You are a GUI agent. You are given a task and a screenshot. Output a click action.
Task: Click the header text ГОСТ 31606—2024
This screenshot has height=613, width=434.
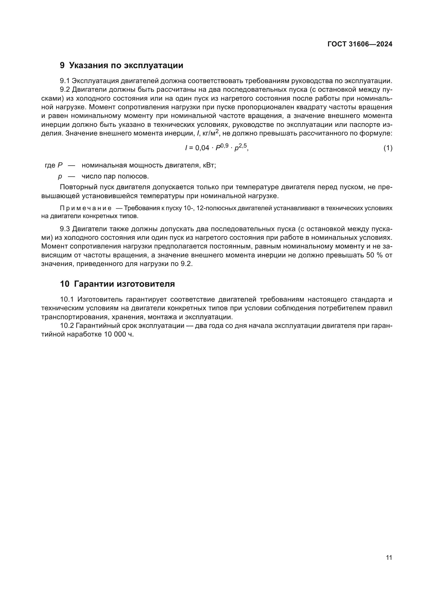[x=360, y=44]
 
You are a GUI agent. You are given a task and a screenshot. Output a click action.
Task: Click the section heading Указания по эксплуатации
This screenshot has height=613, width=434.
[x=126, y=66]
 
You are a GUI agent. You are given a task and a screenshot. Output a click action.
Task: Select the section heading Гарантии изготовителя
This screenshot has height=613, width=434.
[x=124, y=284]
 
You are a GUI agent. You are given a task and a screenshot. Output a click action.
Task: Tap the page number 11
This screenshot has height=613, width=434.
[x=389, y=557]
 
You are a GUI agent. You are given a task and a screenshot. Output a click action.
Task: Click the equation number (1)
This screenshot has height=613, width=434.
[x=388, y=148]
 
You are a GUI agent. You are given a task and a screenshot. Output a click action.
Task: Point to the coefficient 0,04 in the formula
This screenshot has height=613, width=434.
[x=202, y=148]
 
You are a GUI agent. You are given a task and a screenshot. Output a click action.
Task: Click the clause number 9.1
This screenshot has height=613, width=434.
[x=65, y=81]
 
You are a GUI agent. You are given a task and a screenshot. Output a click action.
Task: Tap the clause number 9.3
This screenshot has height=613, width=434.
[x=65, y=229]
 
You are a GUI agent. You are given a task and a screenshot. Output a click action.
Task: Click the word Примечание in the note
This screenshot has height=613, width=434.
[x=86, y=208]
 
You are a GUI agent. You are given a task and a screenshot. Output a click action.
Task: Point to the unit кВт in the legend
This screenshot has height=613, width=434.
[x=209, y=165]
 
